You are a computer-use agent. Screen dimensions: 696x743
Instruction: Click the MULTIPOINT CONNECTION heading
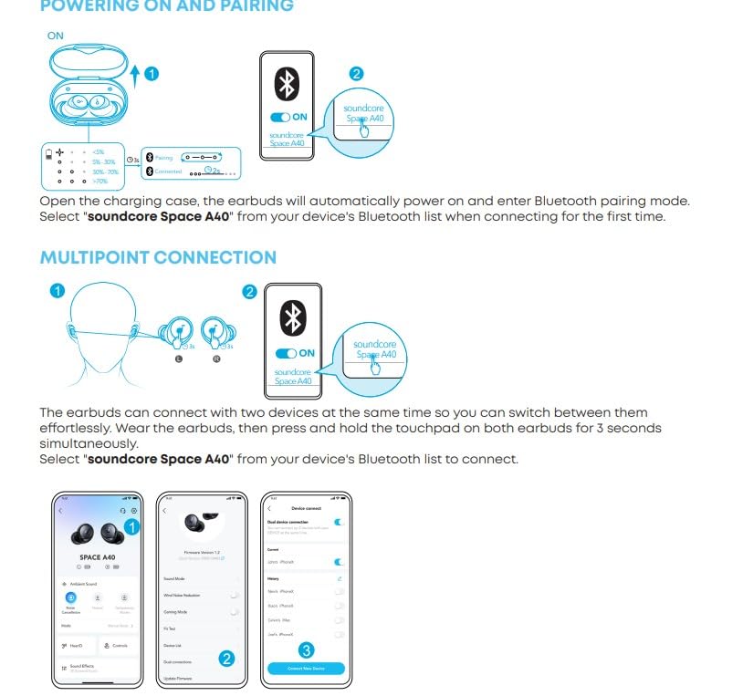158,257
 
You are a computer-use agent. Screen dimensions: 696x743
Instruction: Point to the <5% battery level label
98,151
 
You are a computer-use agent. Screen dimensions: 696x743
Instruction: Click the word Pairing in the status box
163,158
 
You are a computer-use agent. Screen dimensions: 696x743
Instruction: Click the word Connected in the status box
168,171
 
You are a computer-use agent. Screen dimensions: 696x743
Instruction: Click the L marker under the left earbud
179,360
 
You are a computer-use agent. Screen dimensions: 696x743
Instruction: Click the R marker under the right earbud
215,360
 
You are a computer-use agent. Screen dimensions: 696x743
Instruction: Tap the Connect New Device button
306,669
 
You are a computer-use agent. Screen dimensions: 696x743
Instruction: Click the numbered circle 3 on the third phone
307,650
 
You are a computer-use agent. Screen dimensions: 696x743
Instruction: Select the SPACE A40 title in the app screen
97,556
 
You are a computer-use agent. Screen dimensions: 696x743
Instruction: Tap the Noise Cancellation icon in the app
71,597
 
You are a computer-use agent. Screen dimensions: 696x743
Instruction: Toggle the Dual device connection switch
339,522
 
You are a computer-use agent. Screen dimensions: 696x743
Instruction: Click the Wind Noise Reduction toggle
235,595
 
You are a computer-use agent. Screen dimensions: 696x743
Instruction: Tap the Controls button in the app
117,646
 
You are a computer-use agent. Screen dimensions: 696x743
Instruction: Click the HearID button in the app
76,646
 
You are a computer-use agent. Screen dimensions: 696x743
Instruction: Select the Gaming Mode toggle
235,612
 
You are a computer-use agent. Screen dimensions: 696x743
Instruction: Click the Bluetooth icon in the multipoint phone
292,318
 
